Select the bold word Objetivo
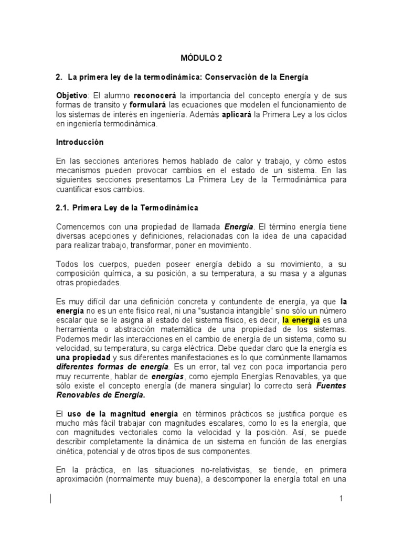(72, 96)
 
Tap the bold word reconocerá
(155, 96)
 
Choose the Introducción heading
(80, 142)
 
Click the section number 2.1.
(63, 208)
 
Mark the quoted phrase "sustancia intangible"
(219, 310)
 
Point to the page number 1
(341, 499)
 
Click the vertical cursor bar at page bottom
(51, 499)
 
